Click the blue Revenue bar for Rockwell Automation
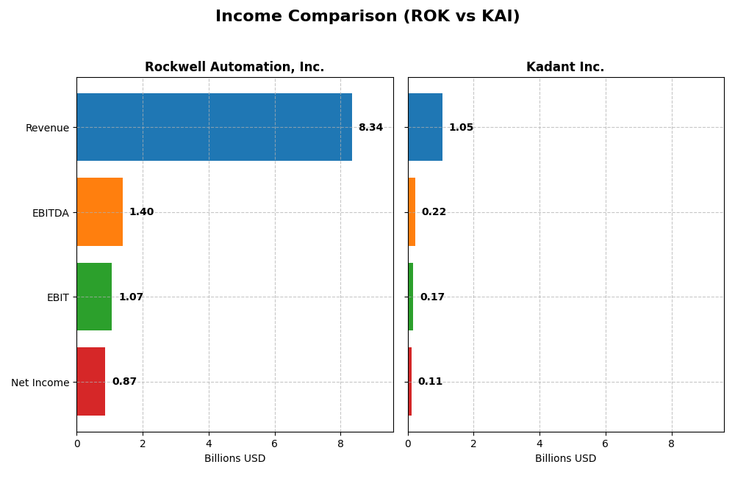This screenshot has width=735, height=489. tap(214, 127)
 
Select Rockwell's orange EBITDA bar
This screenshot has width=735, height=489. tap(100, 212)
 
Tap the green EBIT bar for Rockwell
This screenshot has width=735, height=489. tap(94, 297)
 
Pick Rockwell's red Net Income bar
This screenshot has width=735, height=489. tap(91, 382)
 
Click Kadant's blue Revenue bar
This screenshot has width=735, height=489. tap(425, 127)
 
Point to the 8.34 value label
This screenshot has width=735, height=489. tap(370, 128)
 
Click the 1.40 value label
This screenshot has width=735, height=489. tap(141, 212)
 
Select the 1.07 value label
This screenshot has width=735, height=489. tap(131, 297)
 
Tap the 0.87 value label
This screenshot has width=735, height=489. tap(124, 382)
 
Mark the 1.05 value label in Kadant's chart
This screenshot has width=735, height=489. tap(461, 128)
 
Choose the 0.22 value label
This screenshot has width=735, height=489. tap(434, 212)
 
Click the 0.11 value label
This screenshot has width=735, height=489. tap(430, 382)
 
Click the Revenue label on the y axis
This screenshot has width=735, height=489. tap(47, 128)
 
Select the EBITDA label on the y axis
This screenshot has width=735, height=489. tap(51, 213)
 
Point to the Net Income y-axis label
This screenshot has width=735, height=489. tap(40, 383)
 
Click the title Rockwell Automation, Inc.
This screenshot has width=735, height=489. tap(234, 68)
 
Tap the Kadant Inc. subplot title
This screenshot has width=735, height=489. tap(565, 68)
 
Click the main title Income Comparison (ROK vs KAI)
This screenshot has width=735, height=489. tap(367, 17)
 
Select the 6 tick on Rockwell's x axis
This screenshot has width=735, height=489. tap(275, 443)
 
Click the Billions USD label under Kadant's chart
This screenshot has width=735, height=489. tap(565, 459)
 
